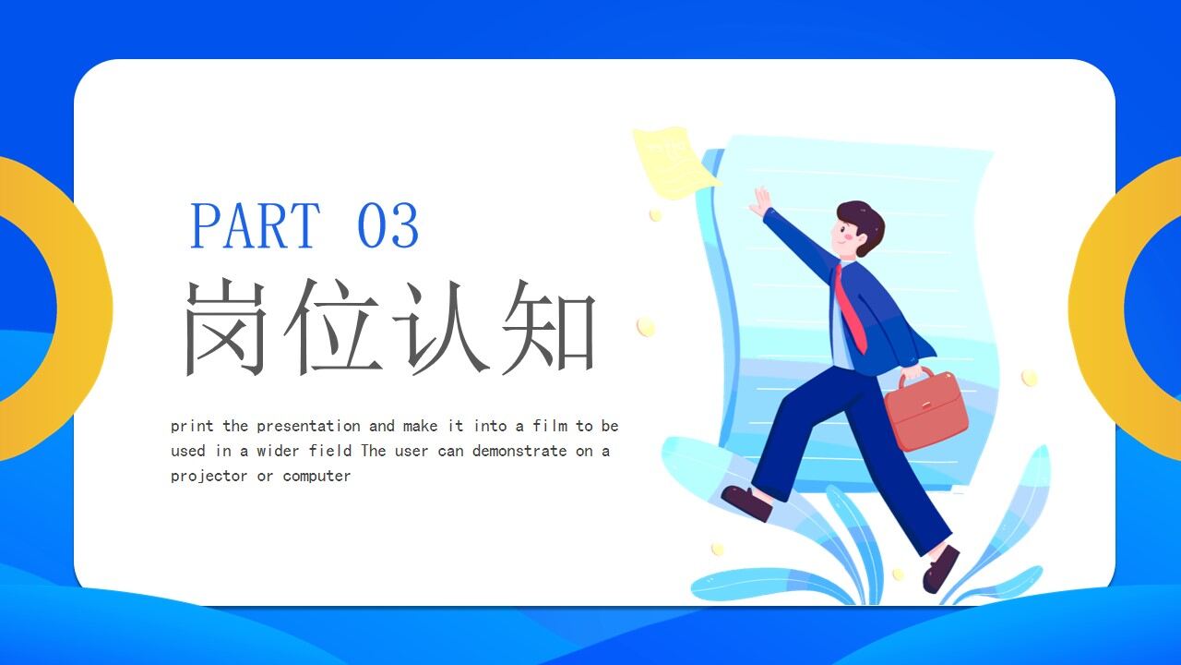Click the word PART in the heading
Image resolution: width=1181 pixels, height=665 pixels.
pos(255,226)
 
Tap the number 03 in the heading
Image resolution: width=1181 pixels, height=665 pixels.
pos(388,226)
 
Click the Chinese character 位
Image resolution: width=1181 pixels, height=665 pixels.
pos(334,327)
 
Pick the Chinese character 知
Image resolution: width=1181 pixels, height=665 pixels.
pos(548,327)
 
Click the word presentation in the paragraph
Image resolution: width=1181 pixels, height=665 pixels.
pos(308,426)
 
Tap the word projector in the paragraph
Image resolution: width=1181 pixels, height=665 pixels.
pos(209,476)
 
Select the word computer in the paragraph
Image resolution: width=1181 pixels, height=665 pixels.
pos(316,476)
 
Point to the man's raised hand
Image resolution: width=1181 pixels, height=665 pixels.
pos(760,201)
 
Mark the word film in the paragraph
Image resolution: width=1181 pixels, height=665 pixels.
pos(549,426)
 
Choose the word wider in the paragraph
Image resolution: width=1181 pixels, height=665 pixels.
pos(278,451)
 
